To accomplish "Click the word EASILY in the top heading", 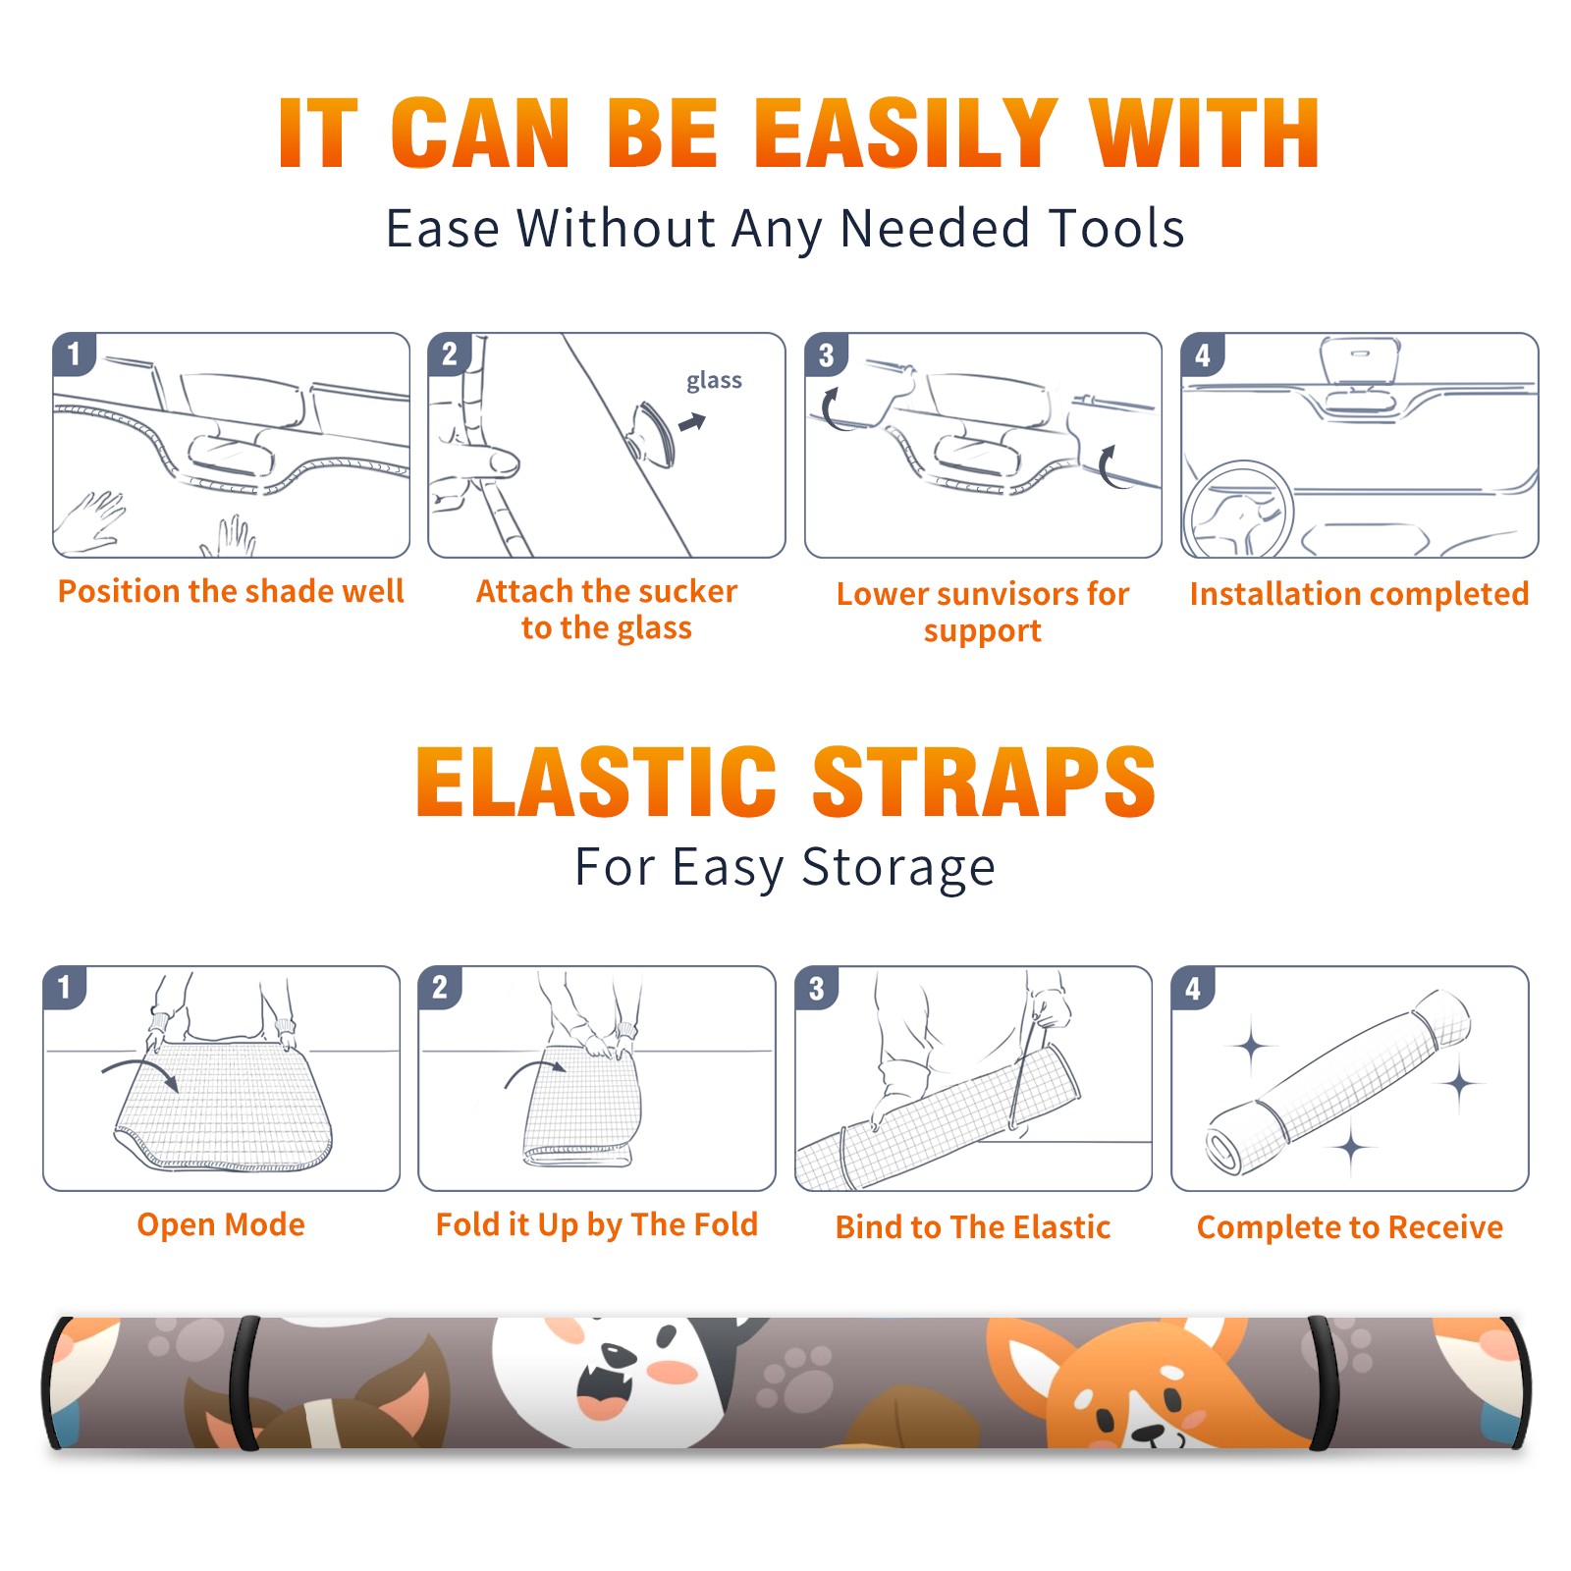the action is point(905,134).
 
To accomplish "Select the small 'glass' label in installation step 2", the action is point(714,381).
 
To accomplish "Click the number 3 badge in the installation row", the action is point(826,354).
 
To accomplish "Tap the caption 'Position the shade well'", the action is point(231,591).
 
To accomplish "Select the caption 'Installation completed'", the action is point(1359,593).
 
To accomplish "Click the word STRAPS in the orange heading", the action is point(984,782).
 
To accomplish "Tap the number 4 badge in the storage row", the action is point(1193,988).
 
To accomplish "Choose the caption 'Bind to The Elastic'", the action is point(972,1226).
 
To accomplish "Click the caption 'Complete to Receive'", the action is point(1349,1226).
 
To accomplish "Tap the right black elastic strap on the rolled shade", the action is point(1322,1383).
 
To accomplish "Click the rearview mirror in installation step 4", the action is point(1359,362).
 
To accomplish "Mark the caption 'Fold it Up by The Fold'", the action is point(597,1224).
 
